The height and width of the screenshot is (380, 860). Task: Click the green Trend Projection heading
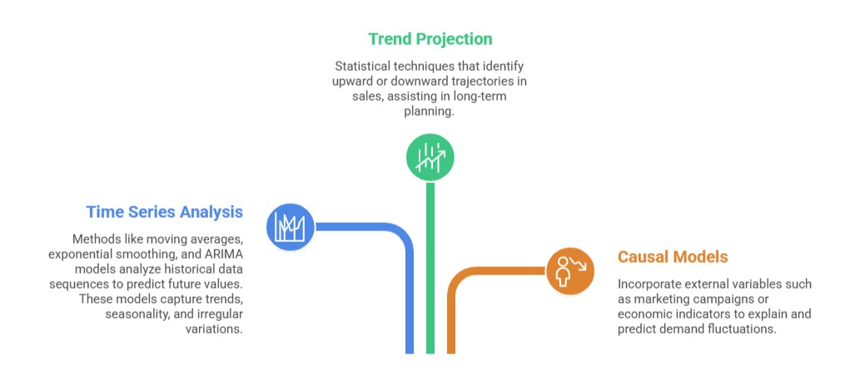430,39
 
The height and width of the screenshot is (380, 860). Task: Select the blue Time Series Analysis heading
165,212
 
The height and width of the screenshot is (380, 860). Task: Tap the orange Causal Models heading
673,257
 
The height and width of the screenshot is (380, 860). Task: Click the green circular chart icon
430,158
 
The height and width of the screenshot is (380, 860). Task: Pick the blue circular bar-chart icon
291,227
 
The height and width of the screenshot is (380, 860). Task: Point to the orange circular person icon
569,270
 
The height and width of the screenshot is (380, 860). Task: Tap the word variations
215,329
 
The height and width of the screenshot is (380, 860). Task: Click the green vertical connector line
430,268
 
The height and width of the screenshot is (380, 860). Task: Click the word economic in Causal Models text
643,314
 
